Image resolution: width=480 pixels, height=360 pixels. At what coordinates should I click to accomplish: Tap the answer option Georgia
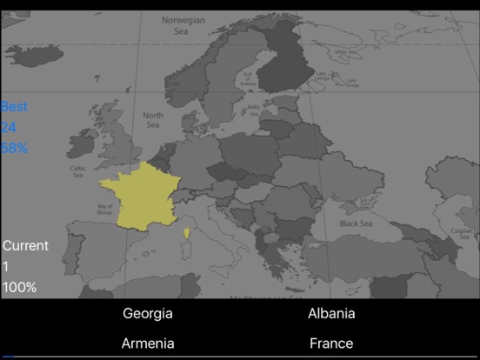pos(147,314)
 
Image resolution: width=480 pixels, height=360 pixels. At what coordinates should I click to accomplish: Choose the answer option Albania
pos(331,314)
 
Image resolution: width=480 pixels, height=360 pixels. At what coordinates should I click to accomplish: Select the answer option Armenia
pos(147,343)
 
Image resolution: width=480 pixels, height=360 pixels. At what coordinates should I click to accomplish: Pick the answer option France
pos(331,343)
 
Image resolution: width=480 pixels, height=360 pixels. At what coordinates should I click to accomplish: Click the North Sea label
pos(153,119)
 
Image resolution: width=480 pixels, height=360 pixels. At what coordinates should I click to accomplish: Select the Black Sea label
pos(356,223)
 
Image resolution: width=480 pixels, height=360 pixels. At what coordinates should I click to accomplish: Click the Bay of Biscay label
pos(106,208)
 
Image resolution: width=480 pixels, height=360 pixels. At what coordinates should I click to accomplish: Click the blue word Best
pos(14,107)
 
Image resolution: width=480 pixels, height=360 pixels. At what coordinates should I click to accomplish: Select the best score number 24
pos(10,128)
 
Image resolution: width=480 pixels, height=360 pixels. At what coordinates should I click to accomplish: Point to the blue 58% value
pos(14,148)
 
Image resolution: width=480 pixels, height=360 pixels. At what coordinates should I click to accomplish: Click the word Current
pos(25,246)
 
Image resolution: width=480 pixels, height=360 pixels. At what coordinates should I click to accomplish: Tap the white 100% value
pos(19,287)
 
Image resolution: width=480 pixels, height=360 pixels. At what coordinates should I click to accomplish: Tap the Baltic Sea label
pos(254,110)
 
